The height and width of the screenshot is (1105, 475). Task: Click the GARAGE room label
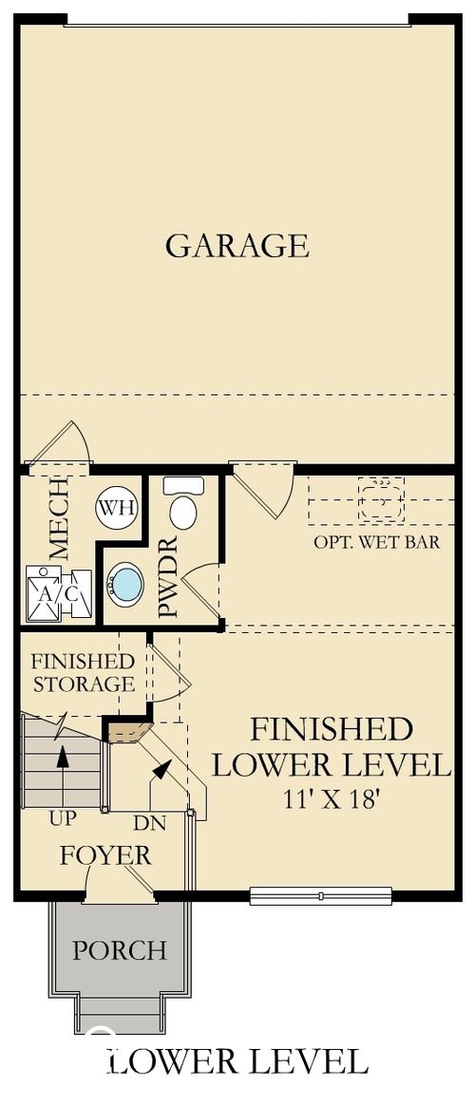pos(237,245)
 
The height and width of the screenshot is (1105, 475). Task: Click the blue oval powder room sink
pos(124,584)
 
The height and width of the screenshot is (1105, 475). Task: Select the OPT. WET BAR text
pos(376,543)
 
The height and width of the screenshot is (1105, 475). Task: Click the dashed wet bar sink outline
pos(381,496)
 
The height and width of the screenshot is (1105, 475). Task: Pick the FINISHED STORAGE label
pos(82,672)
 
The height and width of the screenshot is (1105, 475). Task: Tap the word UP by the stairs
pos(63,816)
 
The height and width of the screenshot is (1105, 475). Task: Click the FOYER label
pos(105,855)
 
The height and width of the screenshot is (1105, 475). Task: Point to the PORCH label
pos(120,949)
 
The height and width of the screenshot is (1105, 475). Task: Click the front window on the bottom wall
pos(321,894)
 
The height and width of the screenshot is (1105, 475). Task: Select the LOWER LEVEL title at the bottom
pos(237,1060)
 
